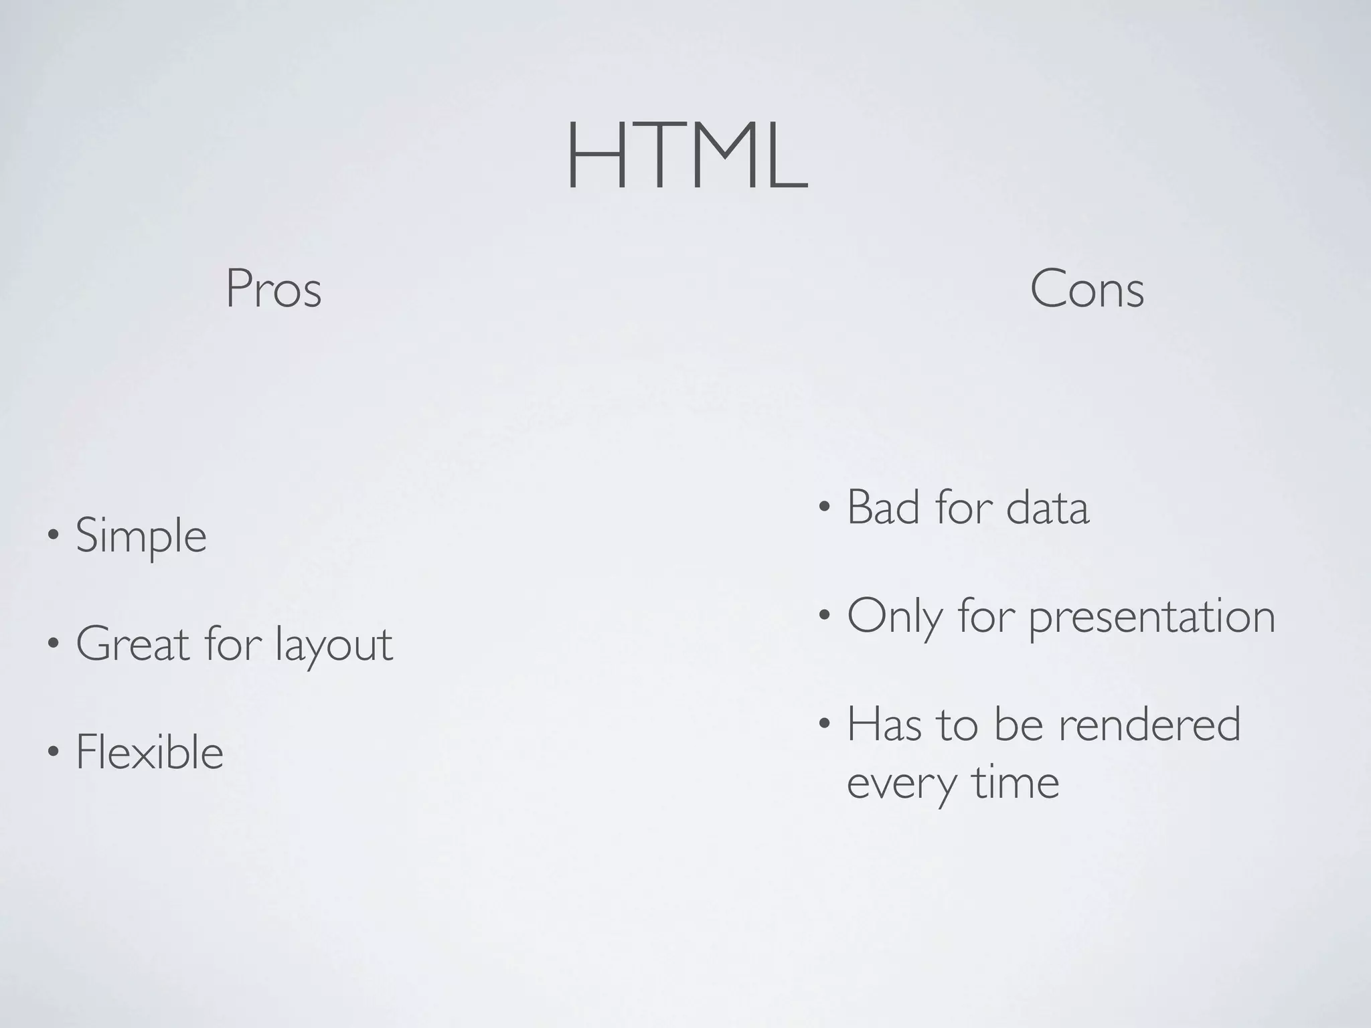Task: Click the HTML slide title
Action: tap(687, 157)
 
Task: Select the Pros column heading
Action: tap(273, 289)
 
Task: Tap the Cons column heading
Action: tap(1086, 289)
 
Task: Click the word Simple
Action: tap(141, 537)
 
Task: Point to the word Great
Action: tap(133, 644)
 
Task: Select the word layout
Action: tap(334, 645)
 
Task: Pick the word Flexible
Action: tap(149, 752)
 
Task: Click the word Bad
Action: tap(886, 507)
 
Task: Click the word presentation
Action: tap(1151, 616)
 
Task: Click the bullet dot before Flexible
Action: tap(52, 751)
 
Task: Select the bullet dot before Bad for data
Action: tap(824, 507)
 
